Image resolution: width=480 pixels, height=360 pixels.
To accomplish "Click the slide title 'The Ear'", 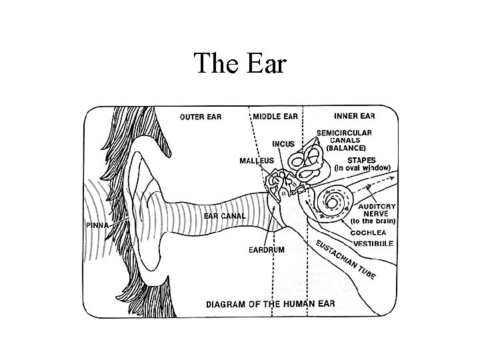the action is pos(239,64).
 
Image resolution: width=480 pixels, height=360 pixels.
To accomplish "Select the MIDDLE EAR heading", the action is pos(275,116).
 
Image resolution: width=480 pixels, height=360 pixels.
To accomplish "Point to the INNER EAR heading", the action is pos(353,116).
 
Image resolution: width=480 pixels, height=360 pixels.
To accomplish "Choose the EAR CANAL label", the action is pos(225,215).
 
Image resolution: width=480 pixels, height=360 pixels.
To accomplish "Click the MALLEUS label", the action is pos(257,161).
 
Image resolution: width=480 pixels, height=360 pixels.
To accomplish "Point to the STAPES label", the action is pos(357,159).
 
